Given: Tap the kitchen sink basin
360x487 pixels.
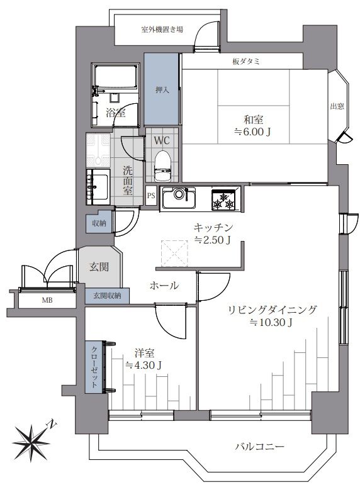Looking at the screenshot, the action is [x=178, y=198].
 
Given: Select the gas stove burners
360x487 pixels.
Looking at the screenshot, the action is [x=223, y=199].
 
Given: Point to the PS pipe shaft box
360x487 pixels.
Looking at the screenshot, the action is [x=151, y=196].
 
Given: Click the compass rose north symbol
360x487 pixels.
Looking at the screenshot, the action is [x=32, y=439].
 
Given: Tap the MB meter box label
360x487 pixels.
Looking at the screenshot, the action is [x=47, y=300].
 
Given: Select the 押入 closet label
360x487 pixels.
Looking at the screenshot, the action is [x=162, y=90].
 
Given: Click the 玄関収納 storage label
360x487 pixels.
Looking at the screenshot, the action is [x=107, y=295].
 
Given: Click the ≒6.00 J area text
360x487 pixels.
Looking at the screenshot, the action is [x=253, y=132].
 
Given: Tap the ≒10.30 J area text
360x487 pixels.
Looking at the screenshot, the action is [x=271, y=322].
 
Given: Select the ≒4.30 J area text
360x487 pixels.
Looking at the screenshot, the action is [x=143, y=365].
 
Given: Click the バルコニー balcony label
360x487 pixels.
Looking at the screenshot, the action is [x=259, y=447].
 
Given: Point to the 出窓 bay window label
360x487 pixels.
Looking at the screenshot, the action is [x=337, y=106].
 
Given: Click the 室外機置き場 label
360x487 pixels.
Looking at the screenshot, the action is [x=162, y=30].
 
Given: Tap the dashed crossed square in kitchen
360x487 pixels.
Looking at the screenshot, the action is [x=174, y=253].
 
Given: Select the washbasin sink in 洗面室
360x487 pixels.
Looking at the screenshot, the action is [x=98, y=187].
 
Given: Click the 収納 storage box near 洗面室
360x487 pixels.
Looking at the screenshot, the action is [x=99, y=222].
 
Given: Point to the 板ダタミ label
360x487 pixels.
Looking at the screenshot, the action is [x=246, y=62].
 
